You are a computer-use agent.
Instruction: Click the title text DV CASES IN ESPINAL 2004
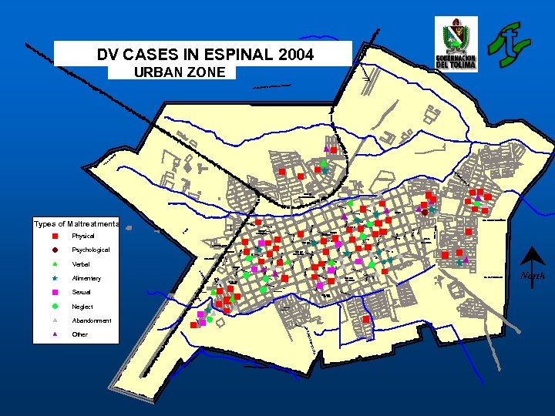pos(205,55)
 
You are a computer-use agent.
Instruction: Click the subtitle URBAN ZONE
pos(180,72)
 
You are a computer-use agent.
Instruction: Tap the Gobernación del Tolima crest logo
pos(456,45)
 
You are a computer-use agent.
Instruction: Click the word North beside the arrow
pos(532,275)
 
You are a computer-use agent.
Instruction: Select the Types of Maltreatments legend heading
pos(76,223)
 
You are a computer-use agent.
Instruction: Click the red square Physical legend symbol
pos(55,237)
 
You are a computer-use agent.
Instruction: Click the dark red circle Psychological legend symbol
pos(55,250)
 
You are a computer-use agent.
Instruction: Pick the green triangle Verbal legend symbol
pos(55,264)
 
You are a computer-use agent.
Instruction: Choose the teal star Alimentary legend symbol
pos(55,278)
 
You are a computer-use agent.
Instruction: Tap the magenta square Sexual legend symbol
pos(55,293)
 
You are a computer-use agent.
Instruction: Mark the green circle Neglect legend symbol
pos(55,307)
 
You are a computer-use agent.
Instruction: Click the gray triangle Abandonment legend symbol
pos(55,320)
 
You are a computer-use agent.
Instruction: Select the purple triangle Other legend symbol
pos(55,334)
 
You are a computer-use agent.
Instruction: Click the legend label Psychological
pos(90,250)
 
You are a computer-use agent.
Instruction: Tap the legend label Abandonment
pos(91,320)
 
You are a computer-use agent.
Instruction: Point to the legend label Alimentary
pos(86,278)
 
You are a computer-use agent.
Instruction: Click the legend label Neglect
pos(82,307)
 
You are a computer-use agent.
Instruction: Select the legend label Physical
pos(82,237)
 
